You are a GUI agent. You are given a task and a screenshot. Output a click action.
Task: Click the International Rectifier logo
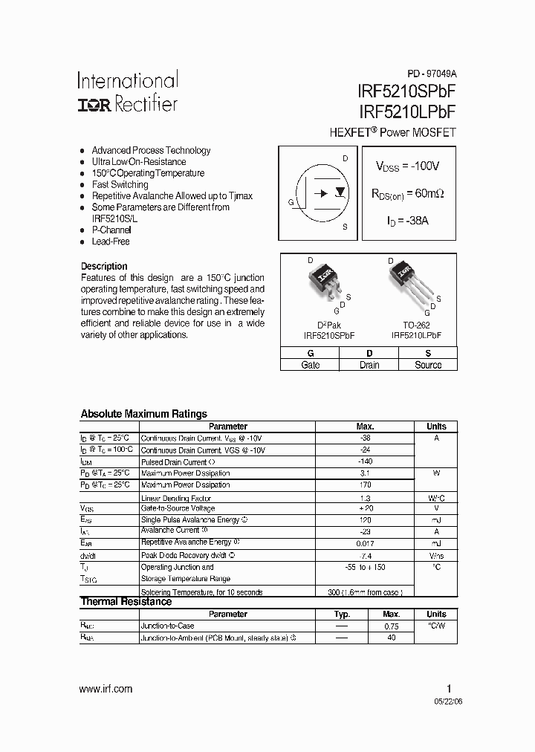(x=128, y=92)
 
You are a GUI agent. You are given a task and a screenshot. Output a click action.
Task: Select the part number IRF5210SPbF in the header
(x=407, y=91)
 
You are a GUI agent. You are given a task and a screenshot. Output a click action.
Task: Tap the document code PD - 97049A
(x=431, y=74)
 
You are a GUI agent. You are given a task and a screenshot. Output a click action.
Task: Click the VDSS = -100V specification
(x=408, y=166)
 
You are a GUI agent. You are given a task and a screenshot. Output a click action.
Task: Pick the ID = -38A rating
(x=407, y=221)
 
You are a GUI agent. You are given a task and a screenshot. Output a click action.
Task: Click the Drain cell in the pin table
(x=369, y=365)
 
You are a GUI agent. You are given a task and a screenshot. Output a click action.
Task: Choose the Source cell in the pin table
(x=428, y=365)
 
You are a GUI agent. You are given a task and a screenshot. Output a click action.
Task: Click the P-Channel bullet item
(x=111, y=230)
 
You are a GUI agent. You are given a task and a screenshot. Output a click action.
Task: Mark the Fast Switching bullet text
(x=120, y=184)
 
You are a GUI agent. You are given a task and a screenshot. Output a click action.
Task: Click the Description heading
(x=104, y=266)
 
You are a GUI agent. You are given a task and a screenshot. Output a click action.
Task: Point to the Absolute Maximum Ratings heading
(x=143, y=414)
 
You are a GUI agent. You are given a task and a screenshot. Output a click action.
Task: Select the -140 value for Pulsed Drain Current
(x=365, y=461)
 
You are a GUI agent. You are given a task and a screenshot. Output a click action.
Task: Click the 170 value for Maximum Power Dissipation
(x=365, y=484)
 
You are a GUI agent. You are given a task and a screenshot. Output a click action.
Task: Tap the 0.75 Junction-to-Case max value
(x=391, y=626)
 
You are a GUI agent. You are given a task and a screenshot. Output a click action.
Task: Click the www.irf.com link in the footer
(x=106, y=689)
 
